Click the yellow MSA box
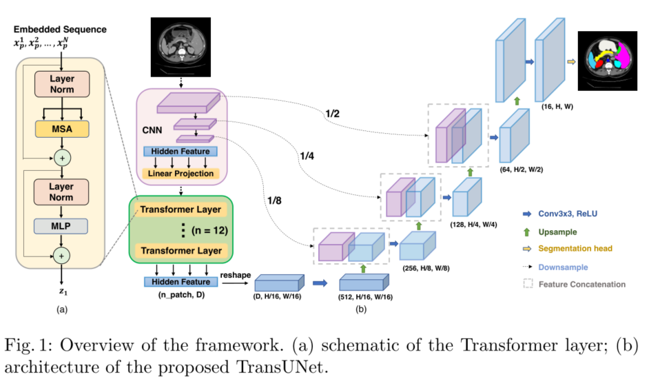pos(63,129)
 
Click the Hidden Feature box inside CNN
pos(180,152)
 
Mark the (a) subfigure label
pos(63,310)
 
